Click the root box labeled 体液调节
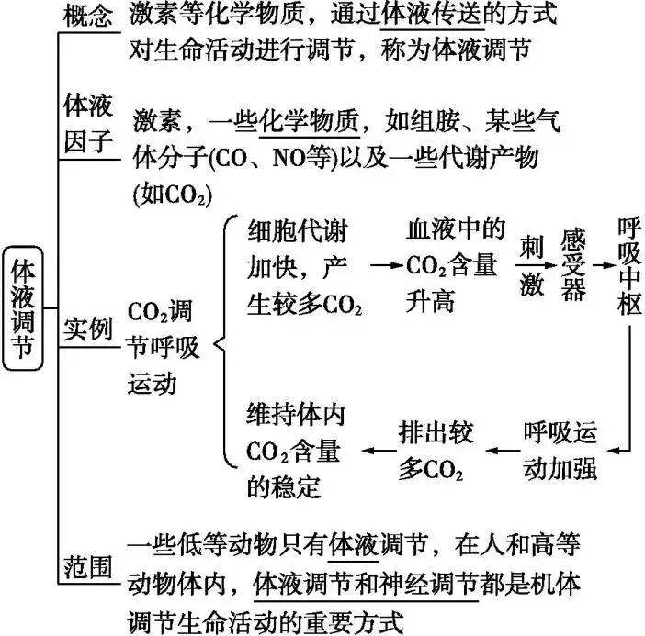click(x=22, y=307)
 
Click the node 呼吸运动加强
click(x=560, y=449)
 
